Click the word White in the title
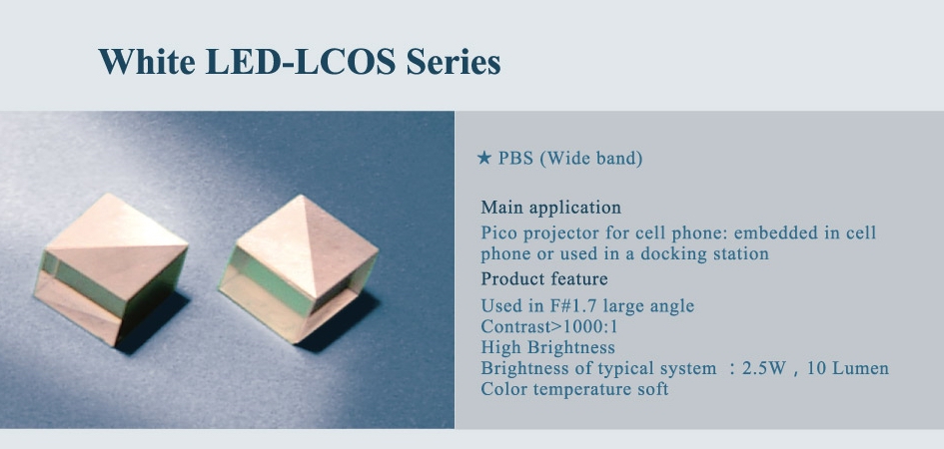pos(146,61)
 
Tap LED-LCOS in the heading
pos(301,61)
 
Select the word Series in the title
pos(454,61)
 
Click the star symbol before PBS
pos(484,158)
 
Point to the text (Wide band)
pos(590,160)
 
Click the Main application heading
pos(550,209)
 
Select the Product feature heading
pos(544,279)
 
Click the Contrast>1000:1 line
pos(549,327)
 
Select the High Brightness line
pos(547,348)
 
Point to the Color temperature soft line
pos(575,389)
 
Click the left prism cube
pos(111,269)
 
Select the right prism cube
pos(299,268)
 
